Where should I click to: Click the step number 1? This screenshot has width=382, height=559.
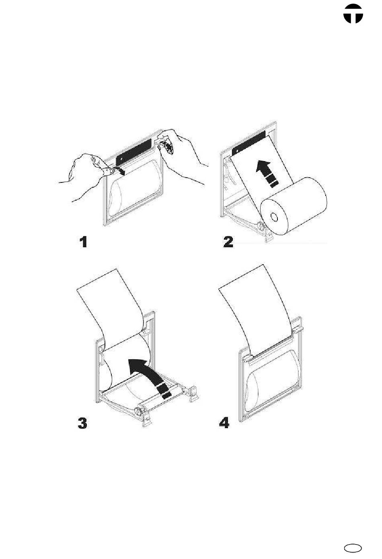(x=84, y=242)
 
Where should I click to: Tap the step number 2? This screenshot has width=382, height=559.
(x=228, y=242)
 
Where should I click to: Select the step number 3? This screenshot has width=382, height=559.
(x=82, y=423)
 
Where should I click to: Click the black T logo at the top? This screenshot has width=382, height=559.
(x=353, y=14)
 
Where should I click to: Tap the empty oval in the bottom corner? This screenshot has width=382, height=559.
(x=353, y=548)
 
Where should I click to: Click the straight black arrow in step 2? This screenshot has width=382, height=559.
(x=267, y=174)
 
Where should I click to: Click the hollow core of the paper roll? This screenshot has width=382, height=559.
(x=274, y=217)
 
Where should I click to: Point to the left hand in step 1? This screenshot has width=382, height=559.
(x=87, y=175)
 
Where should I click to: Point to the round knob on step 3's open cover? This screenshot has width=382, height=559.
(x=138, y=410)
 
